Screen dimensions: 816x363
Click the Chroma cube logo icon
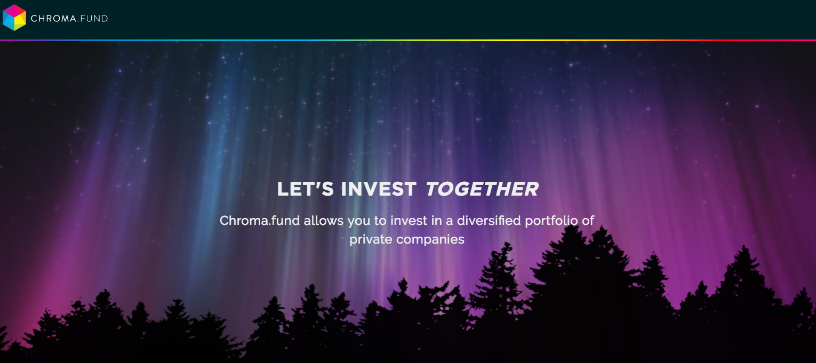pos(14,18)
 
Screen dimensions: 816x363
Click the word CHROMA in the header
pos(53,19)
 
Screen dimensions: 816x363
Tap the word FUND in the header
pos(94,19)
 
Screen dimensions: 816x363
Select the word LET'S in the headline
pos(305,189)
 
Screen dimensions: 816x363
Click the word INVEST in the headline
pos(379,189)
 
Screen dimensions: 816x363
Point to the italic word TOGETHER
pos(482,189)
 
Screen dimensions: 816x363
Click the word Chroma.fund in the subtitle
pos(259,221)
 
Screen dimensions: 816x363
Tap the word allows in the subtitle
pos(324,221)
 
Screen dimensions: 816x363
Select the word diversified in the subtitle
pos(489,221)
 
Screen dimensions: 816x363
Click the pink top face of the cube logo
pos(14,11)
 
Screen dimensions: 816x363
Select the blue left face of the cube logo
pos(9,22)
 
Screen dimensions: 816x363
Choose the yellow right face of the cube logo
pos(20,22)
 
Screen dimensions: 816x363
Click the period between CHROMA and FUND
pos(78,21)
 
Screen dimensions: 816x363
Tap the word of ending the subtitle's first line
pos(588,221)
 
